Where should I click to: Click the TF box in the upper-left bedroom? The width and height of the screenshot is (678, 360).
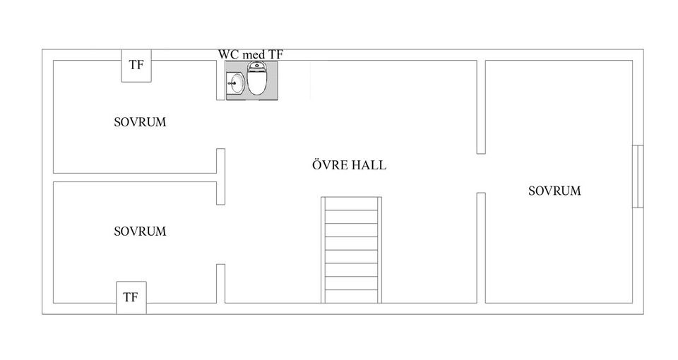coord(136,66)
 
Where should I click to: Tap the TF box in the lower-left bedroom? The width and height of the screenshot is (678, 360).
coord(131,298)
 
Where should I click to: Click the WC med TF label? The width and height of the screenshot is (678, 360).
coord(250,54)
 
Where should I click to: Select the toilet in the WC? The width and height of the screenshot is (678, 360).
coord(257,78)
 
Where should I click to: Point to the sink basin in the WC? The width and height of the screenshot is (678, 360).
coord(237,83)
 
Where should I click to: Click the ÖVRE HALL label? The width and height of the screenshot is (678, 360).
coord(349,165)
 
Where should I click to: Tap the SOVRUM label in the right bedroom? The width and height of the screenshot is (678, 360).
coord(555,191)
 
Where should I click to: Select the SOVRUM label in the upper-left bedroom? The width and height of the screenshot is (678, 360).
coord(140,122)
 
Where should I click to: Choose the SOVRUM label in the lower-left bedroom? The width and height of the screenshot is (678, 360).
coord(140,232)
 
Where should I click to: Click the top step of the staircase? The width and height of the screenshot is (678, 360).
coord(351,204)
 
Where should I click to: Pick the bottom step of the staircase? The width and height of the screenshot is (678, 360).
coord(351,296)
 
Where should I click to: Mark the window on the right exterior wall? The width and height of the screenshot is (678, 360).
coord(638,176)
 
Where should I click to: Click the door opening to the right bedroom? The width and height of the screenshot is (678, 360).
coord(481,174)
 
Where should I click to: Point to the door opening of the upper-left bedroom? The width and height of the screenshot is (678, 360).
coord(220,124)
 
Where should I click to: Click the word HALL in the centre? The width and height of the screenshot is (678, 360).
coord(369,165)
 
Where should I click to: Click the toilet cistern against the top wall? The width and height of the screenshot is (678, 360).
coord(257,66)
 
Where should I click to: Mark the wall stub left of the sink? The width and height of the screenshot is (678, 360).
coord(220,80)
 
